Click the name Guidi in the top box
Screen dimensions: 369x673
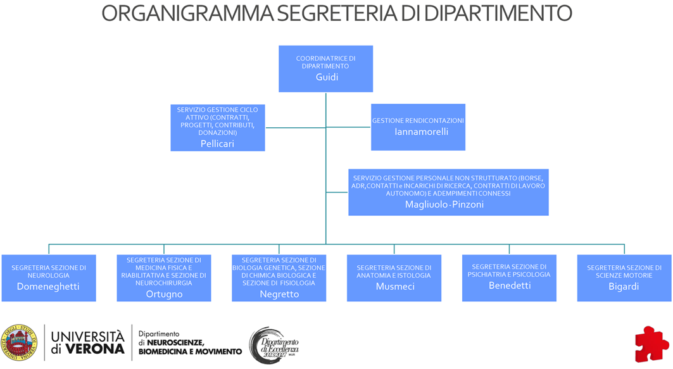[x=327, y=78]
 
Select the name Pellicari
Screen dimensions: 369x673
[x=217, y=144]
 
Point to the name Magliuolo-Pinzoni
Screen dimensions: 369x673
[x=448, y=204]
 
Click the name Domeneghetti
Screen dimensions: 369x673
[x=48, y=287]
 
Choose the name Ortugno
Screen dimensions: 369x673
[x=164, y=294]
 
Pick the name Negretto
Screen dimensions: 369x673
[x=279, y=294]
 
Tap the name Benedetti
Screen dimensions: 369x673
[x=509, y=285]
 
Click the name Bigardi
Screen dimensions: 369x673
[x=624, y=286]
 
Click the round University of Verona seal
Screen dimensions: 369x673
[x=18, y=342]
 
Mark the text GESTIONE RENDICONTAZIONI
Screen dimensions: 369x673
[x=418, y=120]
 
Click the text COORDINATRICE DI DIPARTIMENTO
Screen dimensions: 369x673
[x=325, y=62]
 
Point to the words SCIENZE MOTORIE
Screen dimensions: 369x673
[x=624, y=275]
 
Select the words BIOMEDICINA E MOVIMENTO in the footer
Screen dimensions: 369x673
[x=190, y=351]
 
